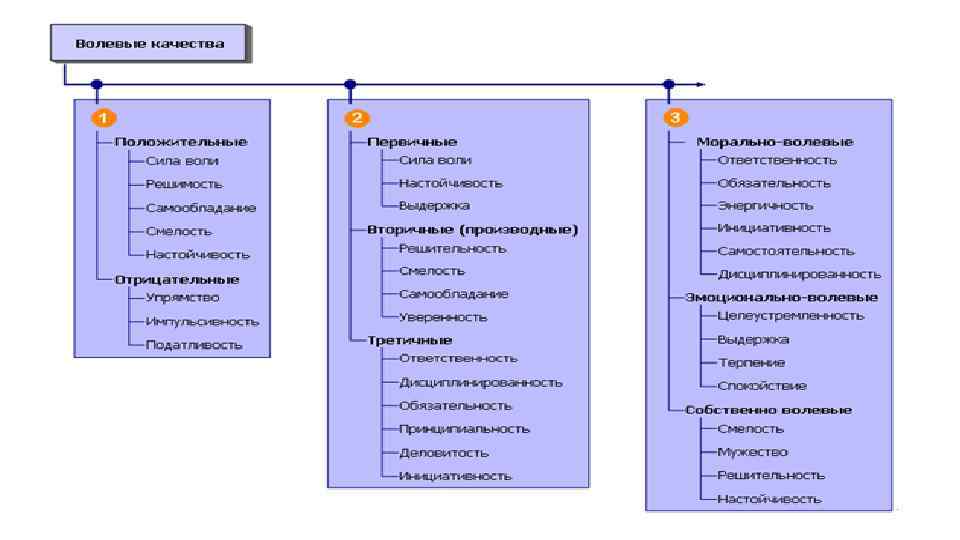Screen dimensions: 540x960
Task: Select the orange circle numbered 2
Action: pos(353,116)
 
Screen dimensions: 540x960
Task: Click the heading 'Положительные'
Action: pos(180,142)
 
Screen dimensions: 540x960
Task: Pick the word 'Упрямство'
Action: pos(183,297)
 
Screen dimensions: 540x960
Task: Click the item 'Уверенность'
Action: pos(443,316)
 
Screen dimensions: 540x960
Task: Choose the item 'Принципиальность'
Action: pos(464,428)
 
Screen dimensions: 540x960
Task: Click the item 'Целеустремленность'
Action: pos(790,315)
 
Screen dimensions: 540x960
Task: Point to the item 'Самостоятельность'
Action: pos(786,250)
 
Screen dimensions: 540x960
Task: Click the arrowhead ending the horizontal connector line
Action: pos(702,85)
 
